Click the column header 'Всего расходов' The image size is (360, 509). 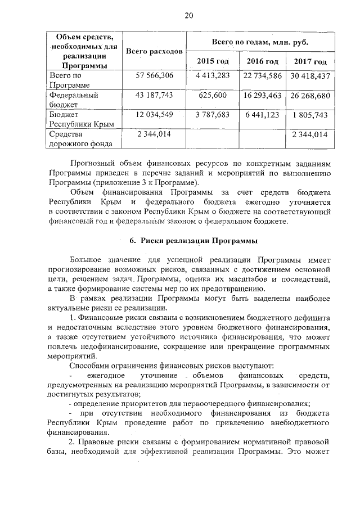pos(154,52)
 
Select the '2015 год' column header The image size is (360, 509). pos(213,61)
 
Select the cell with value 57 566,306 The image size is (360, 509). pos(155,75)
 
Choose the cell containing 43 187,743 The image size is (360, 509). pos(155,96)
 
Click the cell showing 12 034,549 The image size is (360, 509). pos(155,115)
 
